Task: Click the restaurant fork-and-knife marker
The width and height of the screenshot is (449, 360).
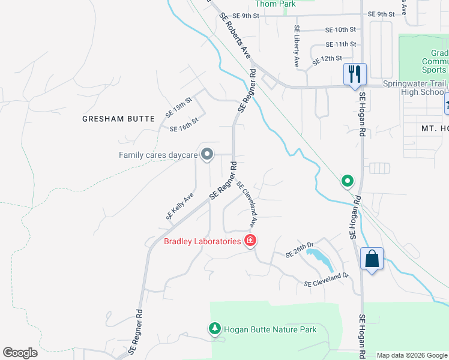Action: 355,74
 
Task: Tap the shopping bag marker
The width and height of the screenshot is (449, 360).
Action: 372,260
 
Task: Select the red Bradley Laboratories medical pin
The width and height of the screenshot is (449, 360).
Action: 250,241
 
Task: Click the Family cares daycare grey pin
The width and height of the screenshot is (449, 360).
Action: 207,155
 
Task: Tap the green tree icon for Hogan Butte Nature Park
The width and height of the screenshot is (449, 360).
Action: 214,329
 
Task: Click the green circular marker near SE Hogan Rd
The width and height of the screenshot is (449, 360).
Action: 347,180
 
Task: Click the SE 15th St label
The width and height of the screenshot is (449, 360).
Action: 178,108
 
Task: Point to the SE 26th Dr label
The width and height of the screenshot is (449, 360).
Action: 300,250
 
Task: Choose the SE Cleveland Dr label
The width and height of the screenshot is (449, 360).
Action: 326,279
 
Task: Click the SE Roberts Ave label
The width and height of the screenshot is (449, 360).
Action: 235,35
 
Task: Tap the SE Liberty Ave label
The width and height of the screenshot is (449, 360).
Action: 296,46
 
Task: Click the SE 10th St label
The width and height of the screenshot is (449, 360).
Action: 341,29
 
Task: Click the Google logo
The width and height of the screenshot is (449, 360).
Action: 20,353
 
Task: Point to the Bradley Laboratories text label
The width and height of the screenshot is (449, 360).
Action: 202,242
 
